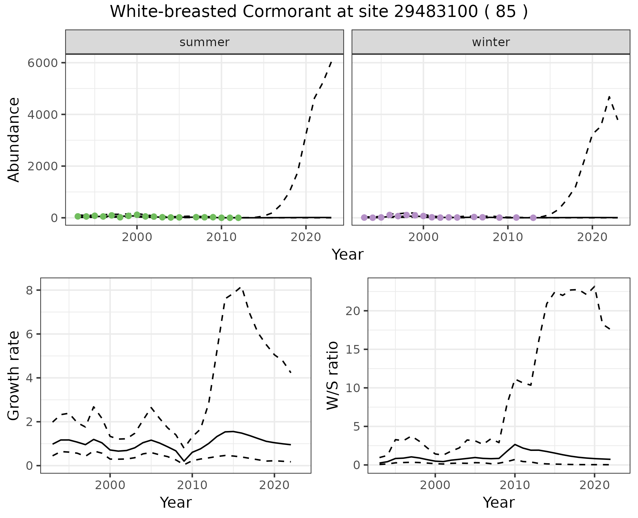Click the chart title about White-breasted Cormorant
(x=319, y=12)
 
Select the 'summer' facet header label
(x=204, y=42)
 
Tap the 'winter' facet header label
(x=491, y=42)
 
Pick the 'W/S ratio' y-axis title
(x=333, y=375)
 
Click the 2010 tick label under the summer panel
(x=221, y=237)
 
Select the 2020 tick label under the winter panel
(x=592, y=237)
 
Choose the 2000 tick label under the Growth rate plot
(x=110, y=485)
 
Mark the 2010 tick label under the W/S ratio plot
(x=515, y=485)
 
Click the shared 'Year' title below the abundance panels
(x=348, y=255)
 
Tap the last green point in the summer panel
(x=238, y=218)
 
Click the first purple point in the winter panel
(x=364, y=217)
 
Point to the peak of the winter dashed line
(x=609, y=97)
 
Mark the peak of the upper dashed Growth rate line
(x=242, y=287)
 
